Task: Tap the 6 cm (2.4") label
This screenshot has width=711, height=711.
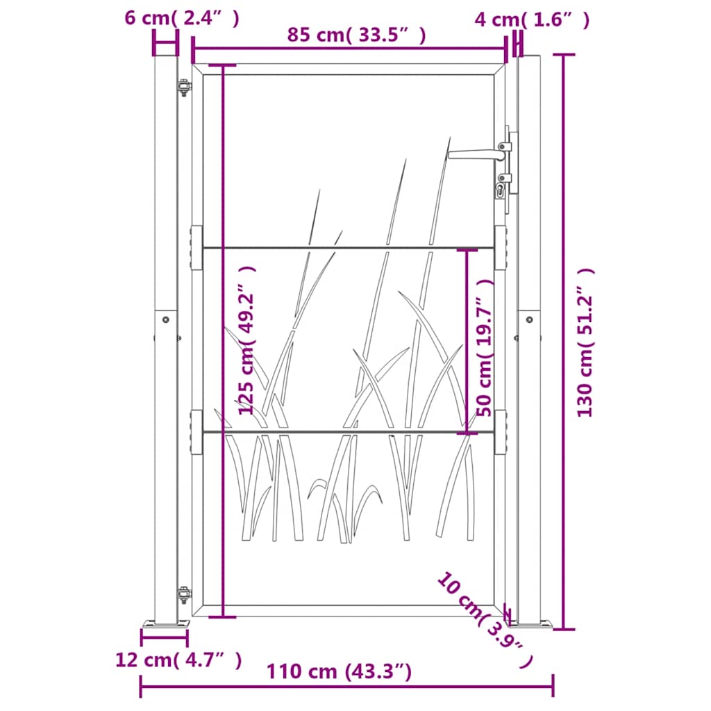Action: point(182,19)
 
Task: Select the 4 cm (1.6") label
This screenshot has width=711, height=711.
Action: point(532,19)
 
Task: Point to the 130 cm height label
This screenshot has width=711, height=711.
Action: point(586,342)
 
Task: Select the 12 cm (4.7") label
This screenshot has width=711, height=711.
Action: point(178,660)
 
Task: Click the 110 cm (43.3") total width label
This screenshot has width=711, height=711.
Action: point(339,671)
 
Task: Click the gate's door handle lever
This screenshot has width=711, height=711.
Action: point(472,155)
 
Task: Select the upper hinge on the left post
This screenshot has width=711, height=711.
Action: point(183,88)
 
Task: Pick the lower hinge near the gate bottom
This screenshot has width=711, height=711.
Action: point(183,595)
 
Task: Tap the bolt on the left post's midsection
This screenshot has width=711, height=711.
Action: point(165,319)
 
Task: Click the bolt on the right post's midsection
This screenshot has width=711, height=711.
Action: point(529,319)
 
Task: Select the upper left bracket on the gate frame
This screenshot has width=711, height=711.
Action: point(196,247)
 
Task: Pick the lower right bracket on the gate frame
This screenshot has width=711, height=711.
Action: point(501,432)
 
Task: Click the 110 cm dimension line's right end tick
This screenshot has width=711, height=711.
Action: point(553,686)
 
